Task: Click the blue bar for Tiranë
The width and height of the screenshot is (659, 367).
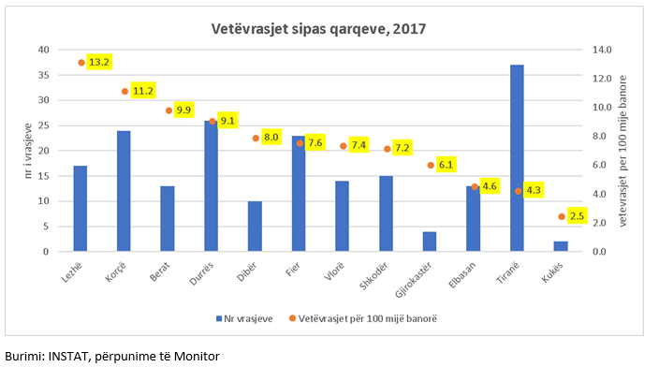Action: [517, 158]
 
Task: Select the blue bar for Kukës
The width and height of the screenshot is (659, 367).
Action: [561, 246]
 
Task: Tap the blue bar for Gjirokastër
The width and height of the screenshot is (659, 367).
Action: [430, 242]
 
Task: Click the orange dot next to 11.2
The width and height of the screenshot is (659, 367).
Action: [124, 92]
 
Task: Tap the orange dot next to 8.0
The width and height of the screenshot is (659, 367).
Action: [256, 138]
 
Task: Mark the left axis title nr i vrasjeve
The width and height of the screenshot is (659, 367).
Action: [28, 150]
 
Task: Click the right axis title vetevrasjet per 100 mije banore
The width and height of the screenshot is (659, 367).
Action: [624, 150]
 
